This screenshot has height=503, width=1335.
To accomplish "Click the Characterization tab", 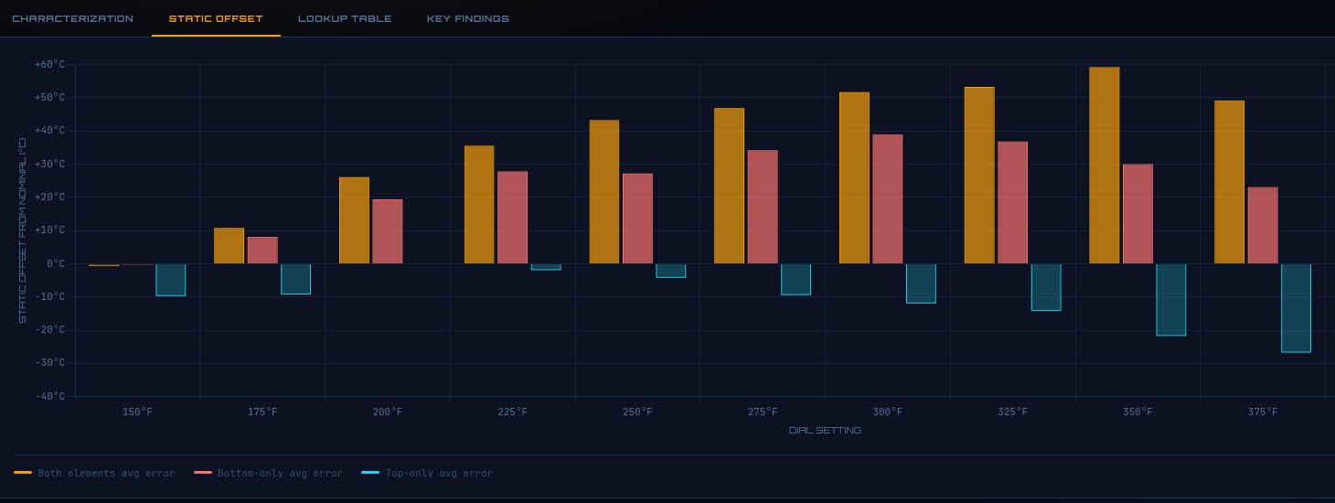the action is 73,18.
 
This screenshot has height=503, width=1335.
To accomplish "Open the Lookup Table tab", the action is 345,18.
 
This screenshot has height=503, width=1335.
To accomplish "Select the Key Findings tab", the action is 468,18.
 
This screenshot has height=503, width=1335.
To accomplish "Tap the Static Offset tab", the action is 216,18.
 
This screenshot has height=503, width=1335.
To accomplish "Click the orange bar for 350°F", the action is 1105,166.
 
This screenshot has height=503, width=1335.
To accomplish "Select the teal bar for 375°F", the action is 1297,308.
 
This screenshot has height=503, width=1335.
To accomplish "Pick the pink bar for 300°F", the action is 888,199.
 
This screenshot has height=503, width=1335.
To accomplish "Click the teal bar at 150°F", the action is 170,280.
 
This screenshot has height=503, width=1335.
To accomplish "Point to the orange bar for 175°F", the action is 229,245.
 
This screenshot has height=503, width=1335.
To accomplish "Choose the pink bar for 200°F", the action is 388,231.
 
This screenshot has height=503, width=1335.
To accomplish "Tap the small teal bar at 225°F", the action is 546,267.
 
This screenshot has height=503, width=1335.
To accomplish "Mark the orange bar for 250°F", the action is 604,192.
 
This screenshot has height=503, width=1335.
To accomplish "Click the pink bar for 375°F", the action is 1263,225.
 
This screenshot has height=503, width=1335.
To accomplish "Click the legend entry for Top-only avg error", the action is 427,473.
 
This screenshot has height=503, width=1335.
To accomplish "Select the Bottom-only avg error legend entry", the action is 268,473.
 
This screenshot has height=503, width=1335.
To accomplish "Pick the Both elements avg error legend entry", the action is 95,473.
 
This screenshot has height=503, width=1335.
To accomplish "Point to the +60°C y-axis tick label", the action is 49,64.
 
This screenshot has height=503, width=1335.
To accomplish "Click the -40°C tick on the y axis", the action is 49,396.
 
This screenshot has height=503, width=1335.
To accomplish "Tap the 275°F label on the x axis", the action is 763,412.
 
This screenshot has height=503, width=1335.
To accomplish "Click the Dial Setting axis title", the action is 825,430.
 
